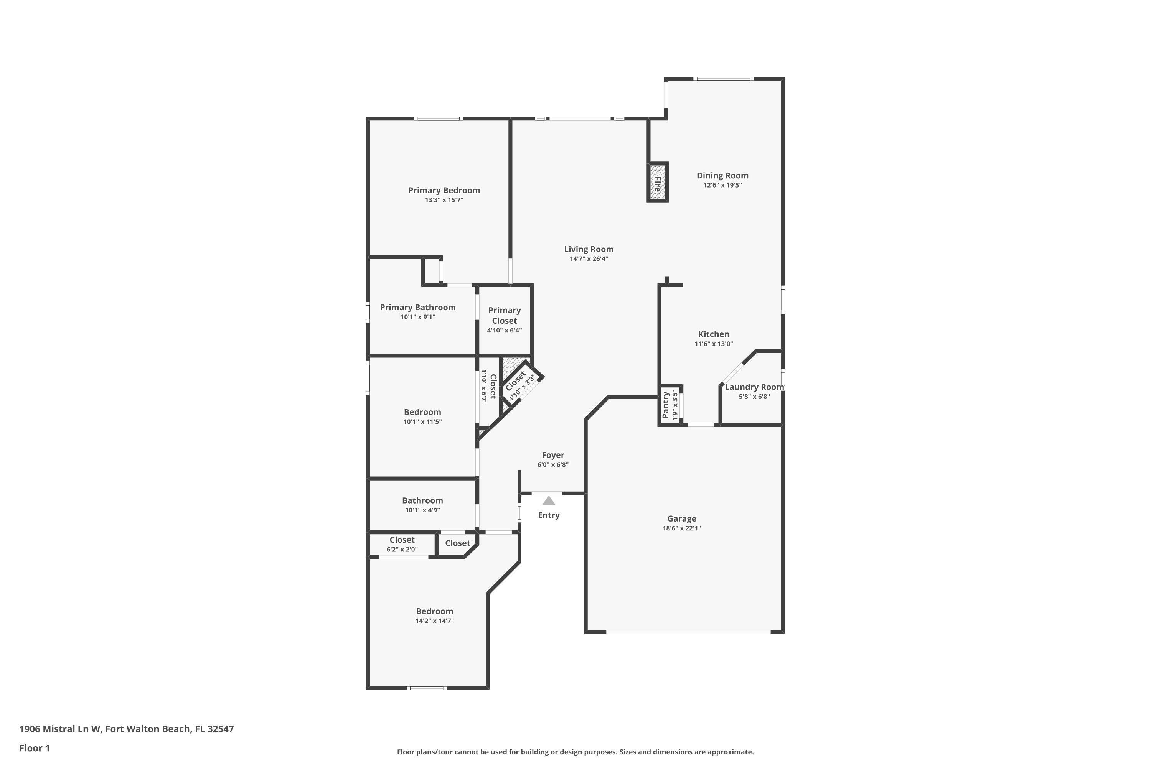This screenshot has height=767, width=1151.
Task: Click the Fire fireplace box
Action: pyautogui.click(x=658, y=182)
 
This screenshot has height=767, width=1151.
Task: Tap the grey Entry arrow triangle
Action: pyautogui.click(x=549, y=501)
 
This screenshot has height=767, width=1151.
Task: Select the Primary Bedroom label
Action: pyautogui.click(x=444, y=190)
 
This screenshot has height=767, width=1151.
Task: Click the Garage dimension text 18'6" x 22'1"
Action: pyautogui.click(x=681, y=528)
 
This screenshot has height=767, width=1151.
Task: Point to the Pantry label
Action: pyautogui.click(x=666, y=405)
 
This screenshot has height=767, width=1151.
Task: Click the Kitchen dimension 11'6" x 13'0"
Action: pyautogui.click(x=714, y=344)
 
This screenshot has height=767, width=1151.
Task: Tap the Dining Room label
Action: pyautogui.click(x=722, y=176)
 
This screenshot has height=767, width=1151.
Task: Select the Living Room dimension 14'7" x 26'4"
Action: pyautogui.click(x=588, y=259)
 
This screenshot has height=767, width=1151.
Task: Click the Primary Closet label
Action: pyautogui.click(x=504, y=316)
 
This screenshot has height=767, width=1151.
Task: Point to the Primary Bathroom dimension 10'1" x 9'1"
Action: pyautogui.click(x=417, y=317)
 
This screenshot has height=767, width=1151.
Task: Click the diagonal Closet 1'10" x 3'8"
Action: pyautogui.click(x=520, y=385)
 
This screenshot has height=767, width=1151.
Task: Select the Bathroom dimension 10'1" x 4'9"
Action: pyautogui.click(x=422, y=510)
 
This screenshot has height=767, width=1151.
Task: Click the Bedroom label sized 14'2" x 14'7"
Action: pyautogui.click(x=435, y=611)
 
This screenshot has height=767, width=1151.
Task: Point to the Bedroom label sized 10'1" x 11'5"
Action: pyautogui.click(x=422, y=412)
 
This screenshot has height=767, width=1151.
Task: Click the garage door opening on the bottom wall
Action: pyautogui.click(x=688, y=632)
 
